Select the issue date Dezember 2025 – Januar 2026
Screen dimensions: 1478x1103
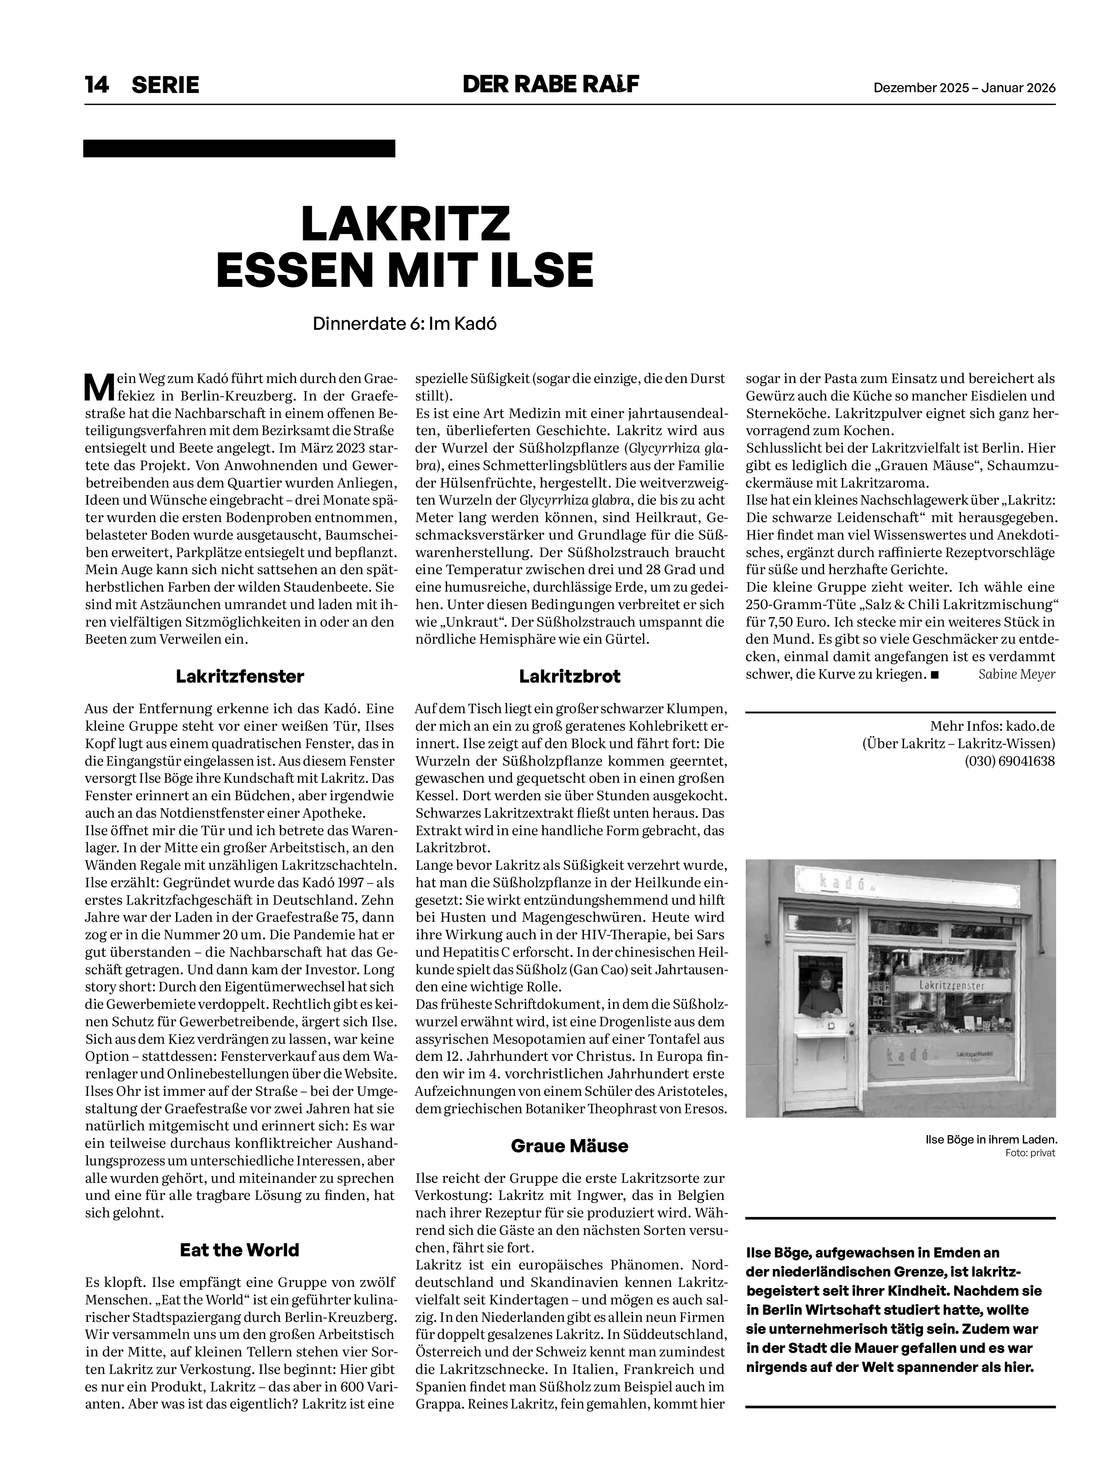pyautogui.click(x=965, y=87)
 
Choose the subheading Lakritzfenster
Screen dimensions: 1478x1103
pyautogui.click(x=240, y=676)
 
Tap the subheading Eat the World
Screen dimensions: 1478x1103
pyautogui.click(x=240, y=1250)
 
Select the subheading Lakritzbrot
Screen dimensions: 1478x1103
pyautogui.click(x=569, y=676)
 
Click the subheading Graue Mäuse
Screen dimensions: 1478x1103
pyautogui.click(x=569, y=1145)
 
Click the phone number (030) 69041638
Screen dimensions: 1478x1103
pyautogui.click(x=1010, y=760)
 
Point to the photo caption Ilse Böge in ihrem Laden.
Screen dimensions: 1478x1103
pyautogui.click(x=991, y=1139)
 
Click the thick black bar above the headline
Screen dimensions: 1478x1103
pyautogui.click(x=239, y=148)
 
